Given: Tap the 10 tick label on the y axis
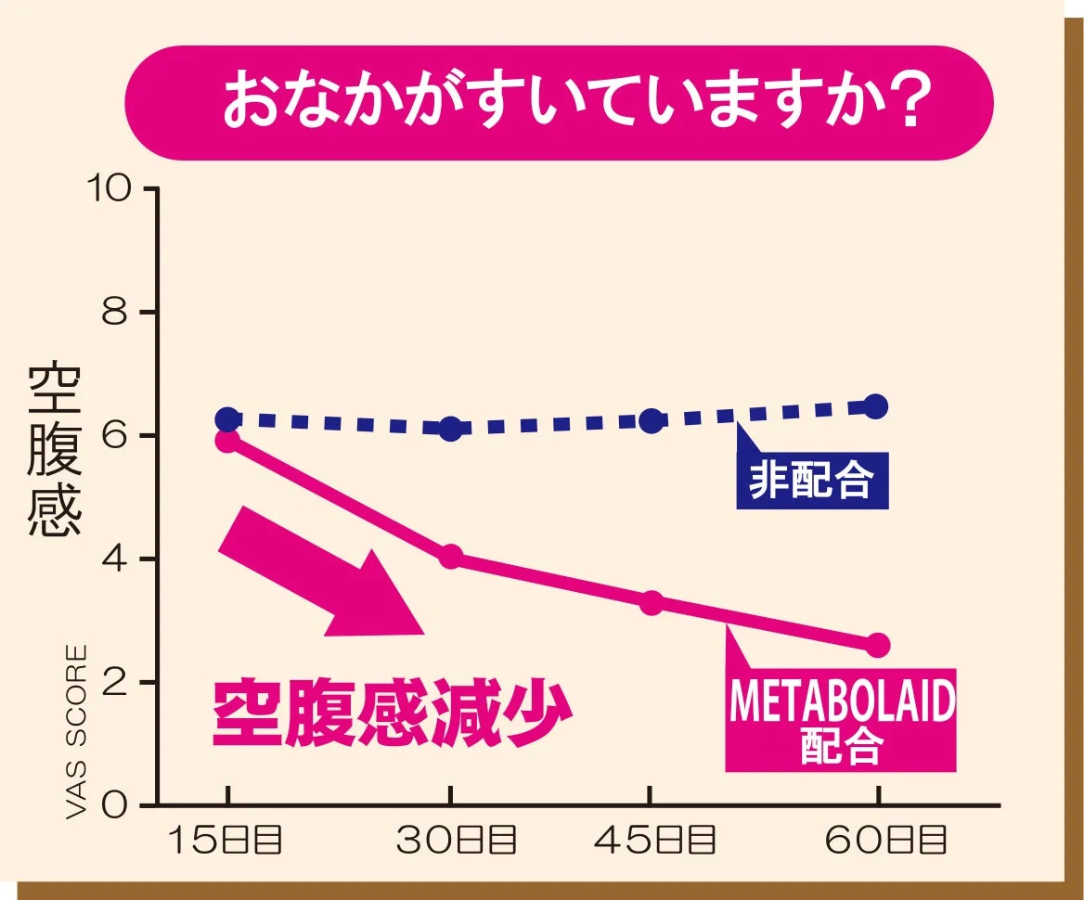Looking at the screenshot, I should point(110,189).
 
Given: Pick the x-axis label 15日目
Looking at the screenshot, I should point(225,841).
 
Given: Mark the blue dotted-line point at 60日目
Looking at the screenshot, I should point(875,406).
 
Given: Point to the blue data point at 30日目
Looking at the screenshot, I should point(451,429).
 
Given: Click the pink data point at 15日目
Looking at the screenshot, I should point(227,440).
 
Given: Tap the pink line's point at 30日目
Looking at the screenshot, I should point(451,557).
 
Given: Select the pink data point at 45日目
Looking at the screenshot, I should point(652,602).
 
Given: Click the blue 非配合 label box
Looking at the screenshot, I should point(812,481).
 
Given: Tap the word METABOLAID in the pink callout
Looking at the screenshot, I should point(842,703).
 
